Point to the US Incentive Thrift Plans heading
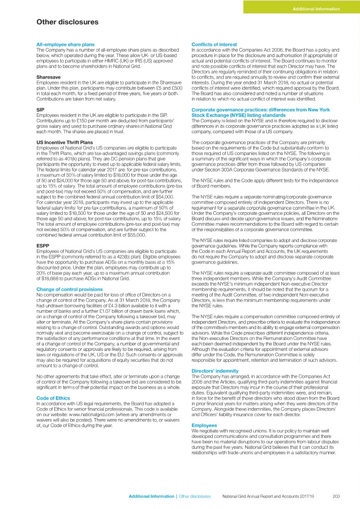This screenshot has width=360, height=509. point(64,143)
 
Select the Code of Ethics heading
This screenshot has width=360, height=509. point(54,398)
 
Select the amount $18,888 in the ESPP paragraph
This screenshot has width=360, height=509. point(50,279)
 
